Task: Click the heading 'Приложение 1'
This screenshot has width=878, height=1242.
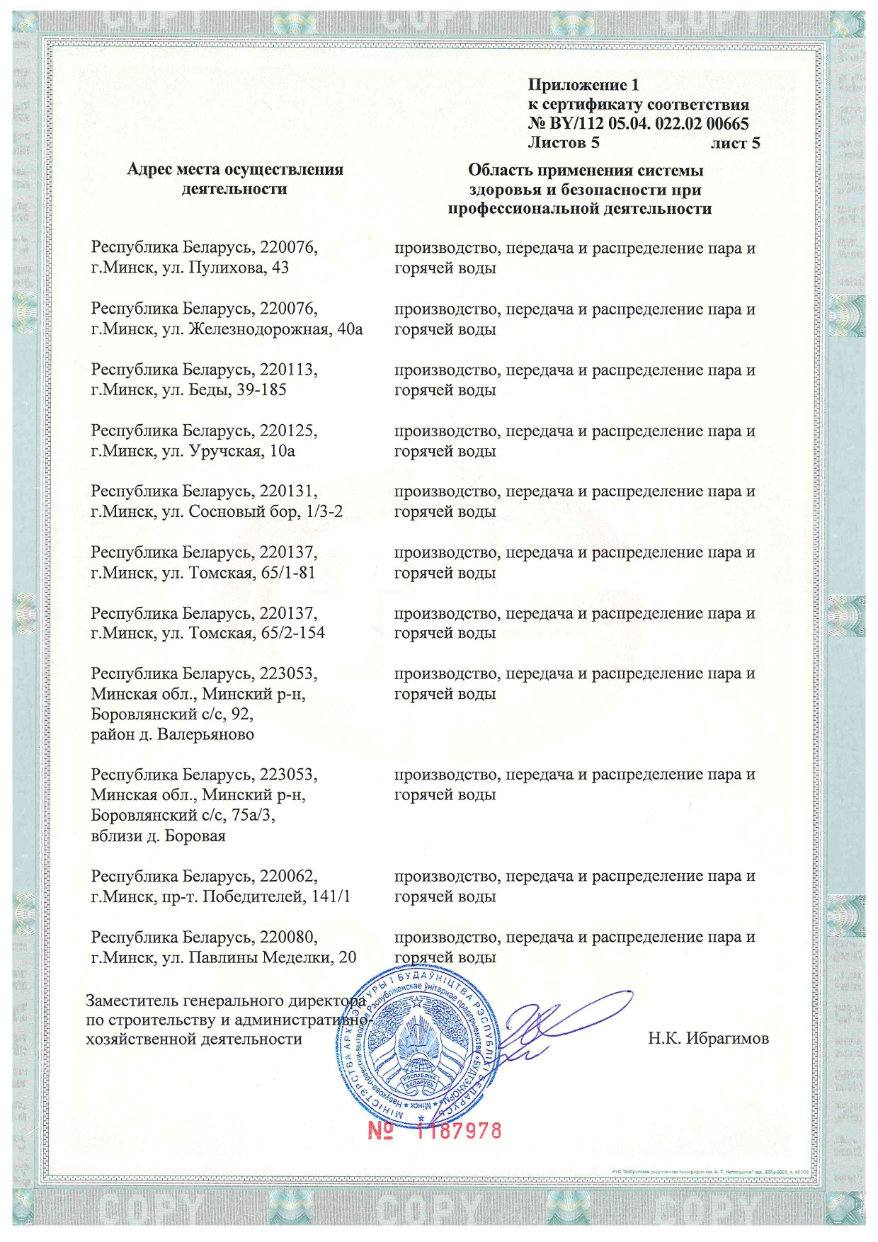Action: click(583, 85)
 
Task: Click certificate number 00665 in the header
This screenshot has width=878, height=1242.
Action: click(727, 124)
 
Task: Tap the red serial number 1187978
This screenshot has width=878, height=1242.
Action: click(459, 1131)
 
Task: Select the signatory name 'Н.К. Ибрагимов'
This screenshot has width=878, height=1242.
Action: click(708, 1039)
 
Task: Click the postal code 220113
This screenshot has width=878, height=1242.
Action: click(288, 370)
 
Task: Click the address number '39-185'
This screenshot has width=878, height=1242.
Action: click(261, 390)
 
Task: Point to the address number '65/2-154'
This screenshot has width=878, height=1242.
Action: click(292, 633)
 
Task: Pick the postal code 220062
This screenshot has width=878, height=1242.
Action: click(288, 877)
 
